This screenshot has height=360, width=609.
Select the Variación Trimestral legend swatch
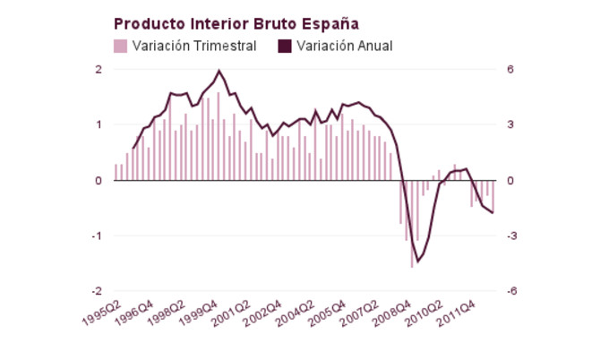[x=120, y=46]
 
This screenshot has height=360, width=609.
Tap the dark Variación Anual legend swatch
[x=285, y=46]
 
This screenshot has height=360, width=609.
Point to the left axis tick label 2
[x=99, y=70]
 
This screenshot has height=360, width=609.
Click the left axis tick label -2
[x=97, y=292]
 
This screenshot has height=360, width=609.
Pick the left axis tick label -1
[x=97, y=236]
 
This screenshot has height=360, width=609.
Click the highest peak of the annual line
[x=219, y=71]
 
